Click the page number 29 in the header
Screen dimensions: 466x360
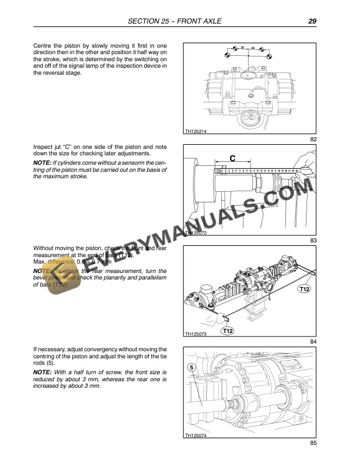[x=312, y=22]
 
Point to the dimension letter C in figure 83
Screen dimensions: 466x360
[x=232, y=158]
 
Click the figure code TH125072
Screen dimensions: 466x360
[x=195, y=233]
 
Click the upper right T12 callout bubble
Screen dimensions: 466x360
[x=304, y=289]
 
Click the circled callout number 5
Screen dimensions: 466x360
[x=192, y=368]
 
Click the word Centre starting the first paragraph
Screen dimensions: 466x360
[x=43, y=46]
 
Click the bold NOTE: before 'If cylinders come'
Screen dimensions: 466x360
[x=42, y=162]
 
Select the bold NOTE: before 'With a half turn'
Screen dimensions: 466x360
[x=42, y=372]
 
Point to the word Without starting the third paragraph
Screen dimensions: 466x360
[x=45, y=249]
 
